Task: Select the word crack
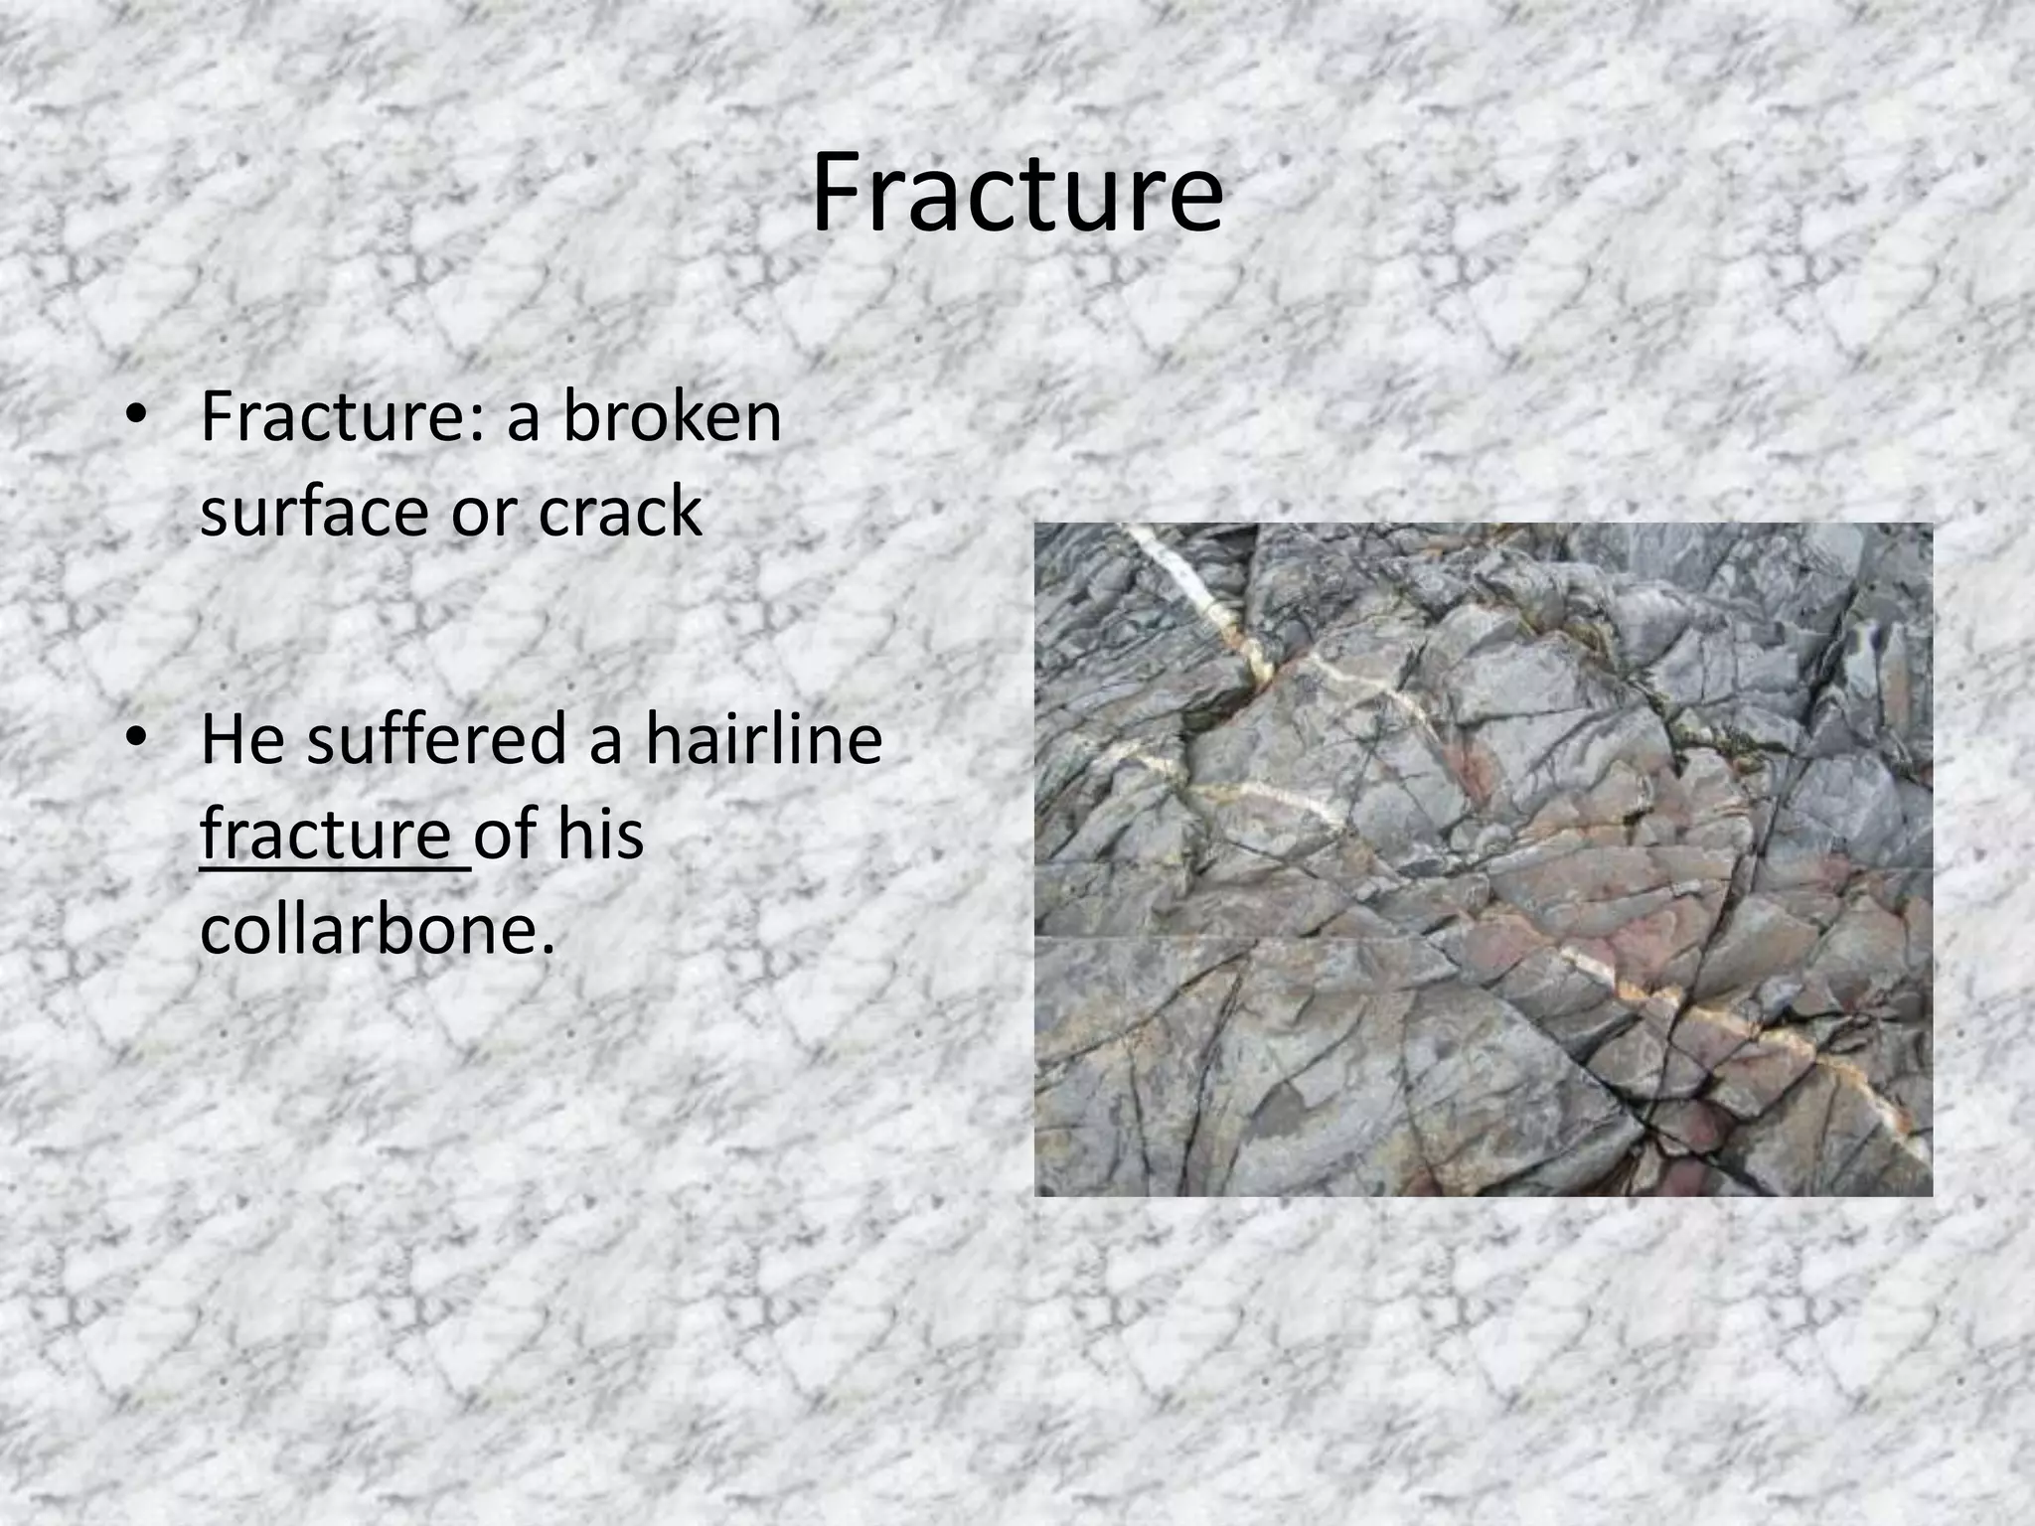tap(620, 512)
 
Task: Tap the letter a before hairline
tap(605, 741)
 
